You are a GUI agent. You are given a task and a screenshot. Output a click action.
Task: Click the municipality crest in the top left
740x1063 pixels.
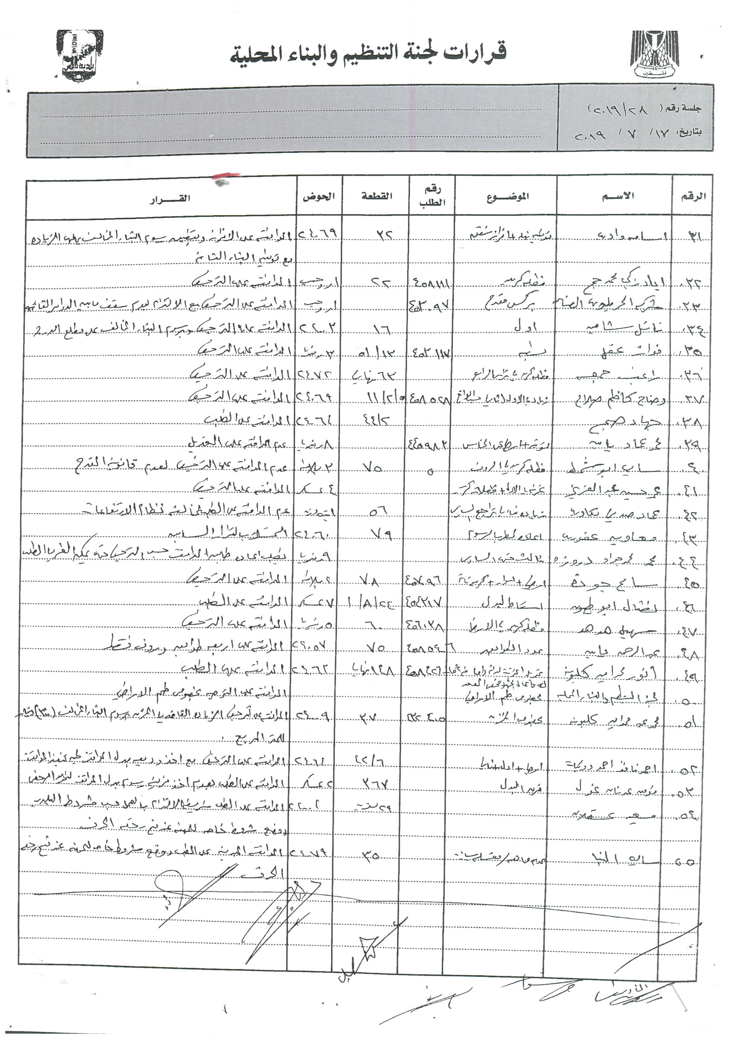(x=79, y=55)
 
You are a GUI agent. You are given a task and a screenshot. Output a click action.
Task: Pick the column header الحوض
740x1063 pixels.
(x=318, y=196)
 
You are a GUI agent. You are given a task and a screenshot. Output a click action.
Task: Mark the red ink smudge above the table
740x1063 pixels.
(x=226, y=176)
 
